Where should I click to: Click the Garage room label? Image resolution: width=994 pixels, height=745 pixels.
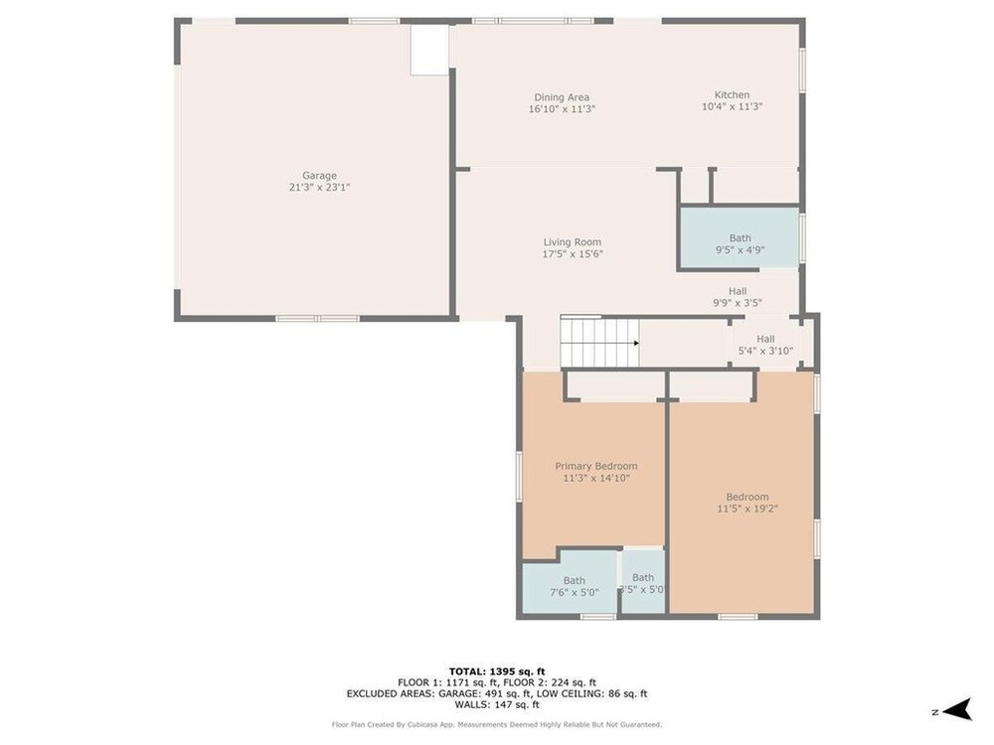tap(319, 176)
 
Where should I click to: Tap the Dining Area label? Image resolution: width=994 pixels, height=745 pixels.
tap(562, 97)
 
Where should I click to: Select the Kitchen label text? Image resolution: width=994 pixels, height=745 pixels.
tap(733, 94)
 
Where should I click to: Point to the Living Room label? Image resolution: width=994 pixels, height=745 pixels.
tap(573, 242)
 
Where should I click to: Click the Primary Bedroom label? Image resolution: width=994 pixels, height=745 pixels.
tap(596, 466)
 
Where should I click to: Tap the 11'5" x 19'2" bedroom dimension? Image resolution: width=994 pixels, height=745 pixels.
tap(747, 508)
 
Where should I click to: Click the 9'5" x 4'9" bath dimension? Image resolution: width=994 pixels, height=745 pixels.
tap(740, 249)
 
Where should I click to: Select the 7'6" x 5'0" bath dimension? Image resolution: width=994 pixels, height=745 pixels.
tap(575, 592)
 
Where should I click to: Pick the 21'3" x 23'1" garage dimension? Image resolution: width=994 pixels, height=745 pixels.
tap(319, 187)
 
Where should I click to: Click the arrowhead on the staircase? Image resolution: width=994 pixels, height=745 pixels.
tap(636, 344)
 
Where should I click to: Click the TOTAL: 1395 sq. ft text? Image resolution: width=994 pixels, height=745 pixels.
tap(497, 671)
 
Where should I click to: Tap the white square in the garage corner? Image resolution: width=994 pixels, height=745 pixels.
tap(429, 50)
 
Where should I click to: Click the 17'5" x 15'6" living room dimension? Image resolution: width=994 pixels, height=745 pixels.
tap(573, 254)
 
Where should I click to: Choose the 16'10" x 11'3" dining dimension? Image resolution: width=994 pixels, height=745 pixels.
tap(562, 108)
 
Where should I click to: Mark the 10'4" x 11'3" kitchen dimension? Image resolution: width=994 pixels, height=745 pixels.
tap(733, 106)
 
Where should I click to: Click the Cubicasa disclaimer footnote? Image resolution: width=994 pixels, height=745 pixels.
tap(497, 724)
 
